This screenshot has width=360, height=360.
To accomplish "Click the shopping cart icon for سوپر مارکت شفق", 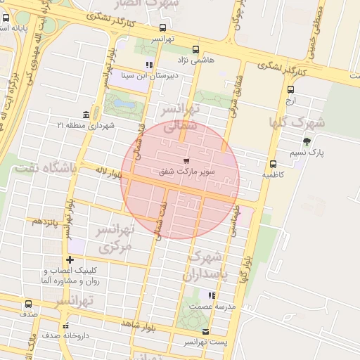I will coord(186,161).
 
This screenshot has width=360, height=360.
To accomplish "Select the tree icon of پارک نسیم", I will coord(306,141).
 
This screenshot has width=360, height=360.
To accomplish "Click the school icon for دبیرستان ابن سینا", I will coord(148,65).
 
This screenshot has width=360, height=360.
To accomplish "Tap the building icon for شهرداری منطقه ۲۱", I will coord(86,115).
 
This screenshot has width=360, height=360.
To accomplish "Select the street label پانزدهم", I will coord(44,222).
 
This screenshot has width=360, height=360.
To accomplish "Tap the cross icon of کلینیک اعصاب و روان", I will coord(70,260).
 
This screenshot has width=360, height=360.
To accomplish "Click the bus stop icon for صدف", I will coord(28,304).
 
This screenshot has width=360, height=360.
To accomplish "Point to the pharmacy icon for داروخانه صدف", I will coord(66,326).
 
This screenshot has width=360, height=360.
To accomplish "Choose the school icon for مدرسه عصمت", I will coord(211,296).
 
